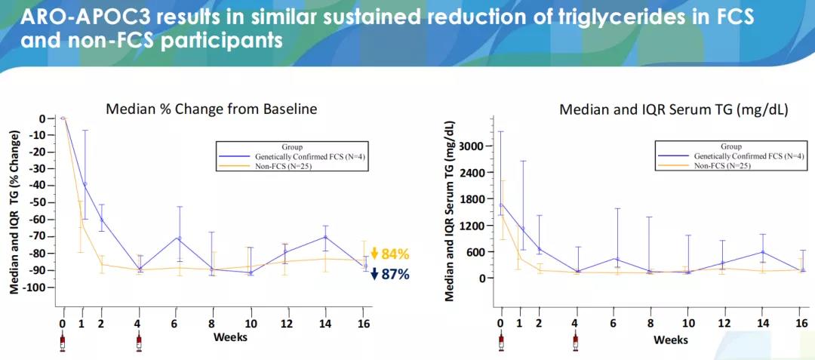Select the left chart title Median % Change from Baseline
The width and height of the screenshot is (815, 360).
click(211, 109)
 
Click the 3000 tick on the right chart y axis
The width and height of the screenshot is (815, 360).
click(472, 146)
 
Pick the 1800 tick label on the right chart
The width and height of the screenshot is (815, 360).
click(472, 199)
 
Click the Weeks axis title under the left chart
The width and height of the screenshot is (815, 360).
click(230, 337)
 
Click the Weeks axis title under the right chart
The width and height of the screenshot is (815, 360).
click(670, 340)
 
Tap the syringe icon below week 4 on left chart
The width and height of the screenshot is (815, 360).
click(139, 343)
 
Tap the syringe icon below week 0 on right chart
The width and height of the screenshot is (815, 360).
click(500, 343)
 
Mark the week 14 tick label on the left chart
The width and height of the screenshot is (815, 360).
click(325, 324)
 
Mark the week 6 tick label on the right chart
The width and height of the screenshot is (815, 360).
click(614, 323)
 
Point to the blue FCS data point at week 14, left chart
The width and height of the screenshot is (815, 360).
click(325, 237)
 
